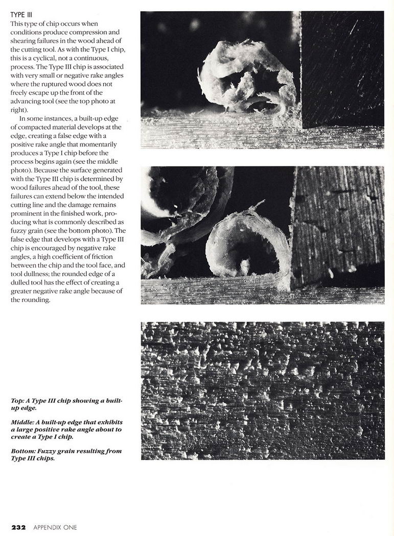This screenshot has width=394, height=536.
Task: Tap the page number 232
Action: [x=18, y=527]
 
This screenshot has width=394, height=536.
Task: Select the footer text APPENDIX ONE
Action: [x=55, y=527]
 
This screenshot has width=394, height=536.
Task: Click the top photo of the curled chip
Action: [x=262, y=80]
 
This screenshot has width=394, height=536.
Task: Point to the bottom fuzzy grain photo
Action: [x=262, y=391]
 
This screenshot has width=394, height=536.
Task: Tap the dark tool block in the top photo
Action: [x=341, y=69]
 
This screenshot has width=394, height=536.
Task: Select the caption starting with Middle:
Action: [x=66, y=429]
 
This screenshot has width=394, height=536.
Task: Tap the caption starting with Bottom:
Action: [x=66, y=454]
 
